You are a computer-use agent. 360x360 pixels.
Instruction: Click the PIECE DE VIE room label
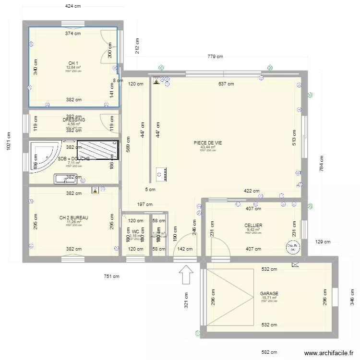point(208,143)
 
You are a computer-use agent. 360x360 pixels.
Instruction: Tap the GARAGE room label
point(269,293)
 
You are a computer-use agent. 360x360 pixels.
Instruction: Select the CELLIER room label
point(253,225)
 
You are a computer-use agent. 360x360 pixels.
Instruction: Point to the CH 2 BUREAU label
point(73,217)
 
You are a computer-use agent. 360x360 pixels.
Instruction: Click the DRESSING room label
point(73,120)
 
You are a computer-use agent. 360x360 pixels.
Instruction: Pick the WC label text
point(136,231)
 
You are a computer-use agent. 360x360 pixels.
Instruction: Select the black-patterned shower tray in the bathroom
point(97,150)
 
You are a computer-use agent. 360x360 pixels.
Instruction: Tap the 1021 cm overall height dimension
point(9,142)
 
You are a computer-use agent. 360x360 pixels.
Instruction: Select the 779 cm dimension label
point(215,57)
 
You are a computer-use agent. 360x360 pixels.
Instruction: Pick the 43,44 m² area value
point(208,147)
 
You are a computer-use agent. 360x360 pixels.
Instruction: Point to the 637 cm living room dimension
point(226,84)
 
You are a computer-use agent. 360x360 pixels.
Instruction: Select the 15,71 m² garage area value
point(269,298)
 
